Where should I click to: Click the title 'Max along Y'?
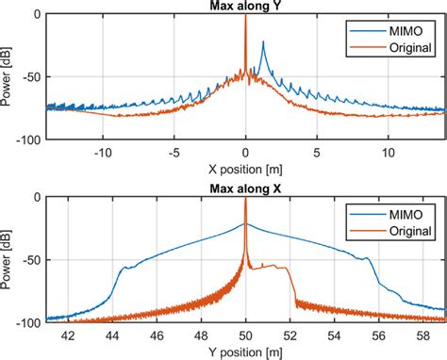point(245,8)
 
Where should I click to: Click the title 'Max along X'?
point(245,188)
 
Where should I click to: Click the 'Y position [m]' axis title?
point(245,351)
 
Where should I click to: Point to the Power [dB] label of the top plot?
point(9,77)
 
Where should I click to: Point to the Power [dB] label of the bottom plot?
point(9,259)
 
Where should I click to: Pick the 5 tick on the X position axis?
point(317,151)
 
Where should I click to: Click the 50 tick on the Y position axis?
point(245,333)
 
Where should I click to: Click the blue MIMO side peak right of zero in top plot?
point(263,43)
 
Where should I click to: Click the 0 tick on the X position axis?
point(245,151)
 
